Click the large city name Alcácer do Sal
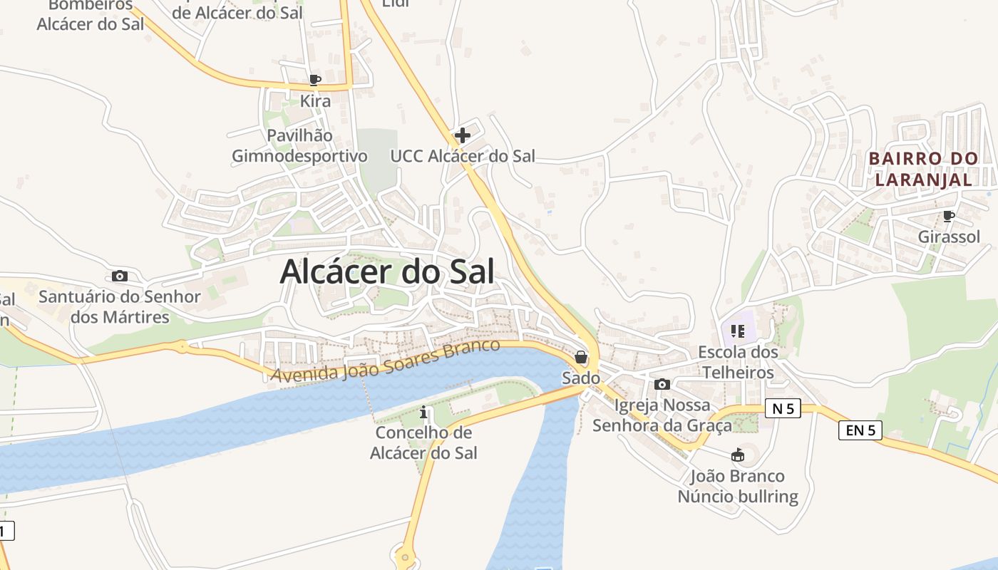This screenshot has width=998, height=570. click(x=387, y=271)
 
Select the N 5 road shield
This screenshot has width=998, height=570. click(x=783, y=408)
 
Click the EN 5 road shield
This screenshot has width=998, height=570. click(x=860, y=430)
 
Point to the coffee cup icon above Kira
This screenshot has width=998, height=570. click(x=315, y=80)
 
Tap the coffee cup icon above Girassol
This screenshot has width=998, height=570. click(x=948, y=216)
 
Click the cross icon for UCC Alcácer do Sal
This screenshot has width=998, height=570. click(x=463, y=135)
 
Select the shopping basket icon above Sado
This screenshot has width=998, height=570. click(x=581, y=357)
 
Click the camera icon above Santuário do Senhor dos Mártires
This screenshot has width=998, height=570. click(x=120, y=276)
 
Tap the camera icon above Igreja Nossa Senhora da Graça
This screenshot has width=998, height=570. click(x=662, y=385)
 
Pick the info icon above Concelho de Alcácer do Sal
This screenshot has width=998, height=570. click(x=424, y=412)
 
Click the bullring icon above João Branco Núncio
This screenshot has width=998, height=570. click(x=738, y=455)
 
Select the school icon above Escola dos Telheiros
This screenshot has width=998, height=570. click(x=737, y=331)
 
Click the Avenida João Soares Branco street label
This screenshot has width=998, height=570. click(x=386, y=361)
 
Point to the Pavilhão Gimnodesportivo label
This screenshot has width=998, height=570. click(x=299, y=145)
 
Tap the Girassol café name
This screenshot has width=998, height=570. click(x=949, y=237)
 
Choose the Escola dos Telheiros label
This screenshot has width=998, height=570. click(x=738, y=362)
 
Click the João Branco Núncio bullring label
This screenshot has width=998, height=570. click(x=738, y=486)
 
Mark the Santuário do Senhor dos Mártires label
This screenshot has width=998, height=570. click(x=120, y=306)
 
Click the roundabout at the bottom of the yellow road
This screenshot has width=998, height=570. click(x=405, y=556)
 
